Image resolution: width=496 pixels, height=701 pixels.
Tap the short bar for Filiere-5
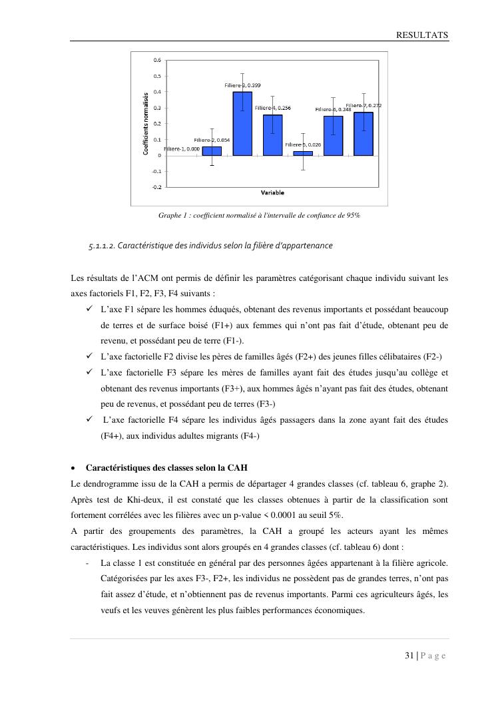[x=303, y=153]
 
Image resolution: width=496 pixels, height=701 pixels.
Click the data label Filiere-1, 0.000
[x=181, y=149]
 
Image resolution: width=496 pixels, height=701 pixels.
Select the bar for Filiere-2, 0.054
[x=212, y=151]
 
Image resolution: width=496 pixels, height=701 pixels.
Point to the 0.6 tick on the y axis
[x=157, y=60]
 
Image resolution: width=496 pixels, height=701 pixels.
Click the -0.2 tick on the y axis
[x=156, y=187]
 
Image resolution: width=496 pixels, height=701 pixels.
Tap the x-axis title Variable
[x=272, y=193]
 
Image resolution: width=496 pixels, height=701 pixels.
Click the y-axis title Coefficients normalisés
[x=146, y=124]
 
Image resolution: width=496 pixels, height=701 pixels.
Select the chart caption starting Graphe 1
[x=259, y=216]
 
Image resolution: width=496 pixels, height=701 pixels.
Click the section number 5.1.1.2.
[x=102, y=246]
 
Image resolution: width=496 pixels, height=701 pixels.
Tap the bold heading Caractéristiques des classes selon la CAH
[x=166, y=467]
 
